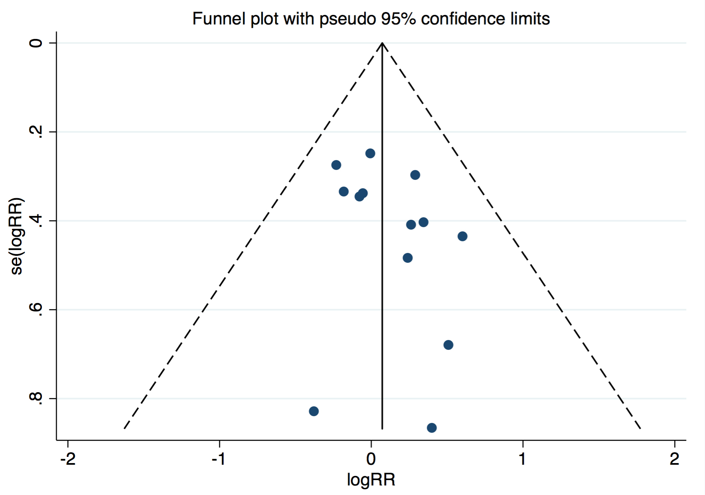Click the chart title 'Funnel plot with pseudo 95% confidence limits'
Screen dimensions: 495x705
pos(371,19)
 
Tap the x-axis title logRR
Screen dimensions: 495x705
pos(371,480)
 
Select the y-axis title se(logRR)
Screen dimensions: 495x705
pos(17,237)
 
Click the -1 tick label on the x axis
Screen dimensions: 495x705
pos(219,459)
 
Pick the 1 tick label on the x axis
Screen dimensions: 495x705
pos(523,459)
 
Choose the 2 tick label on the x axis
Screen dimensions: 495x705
pos(675,459)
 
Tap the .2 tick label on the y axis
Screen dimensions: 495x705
pos(36,132)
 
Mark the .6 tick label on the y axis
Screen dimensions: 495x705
pos(36,310)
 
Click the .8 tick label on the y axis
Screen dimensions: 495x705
pos(36,398)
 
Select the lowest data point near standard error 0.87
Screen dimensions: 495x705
pos(432,428)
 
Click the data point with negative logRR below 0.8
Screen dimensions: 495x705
pos(314,411)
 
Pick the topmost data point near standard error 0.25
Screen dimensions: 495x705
pos(370,153)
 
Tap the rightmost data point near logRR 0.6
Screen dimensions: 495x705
pos(462,236)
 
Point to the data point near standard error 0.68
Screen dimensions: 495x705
pos(448,345)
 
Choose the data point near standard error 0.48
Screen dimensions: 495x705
pos(408,258)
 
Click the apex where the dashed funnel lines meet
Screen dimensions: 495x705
pos(382,43)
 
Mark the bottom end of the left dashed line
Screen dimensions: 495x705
pos(124,428)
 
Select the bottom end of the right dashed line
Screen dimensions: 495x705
pos(641,428)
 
